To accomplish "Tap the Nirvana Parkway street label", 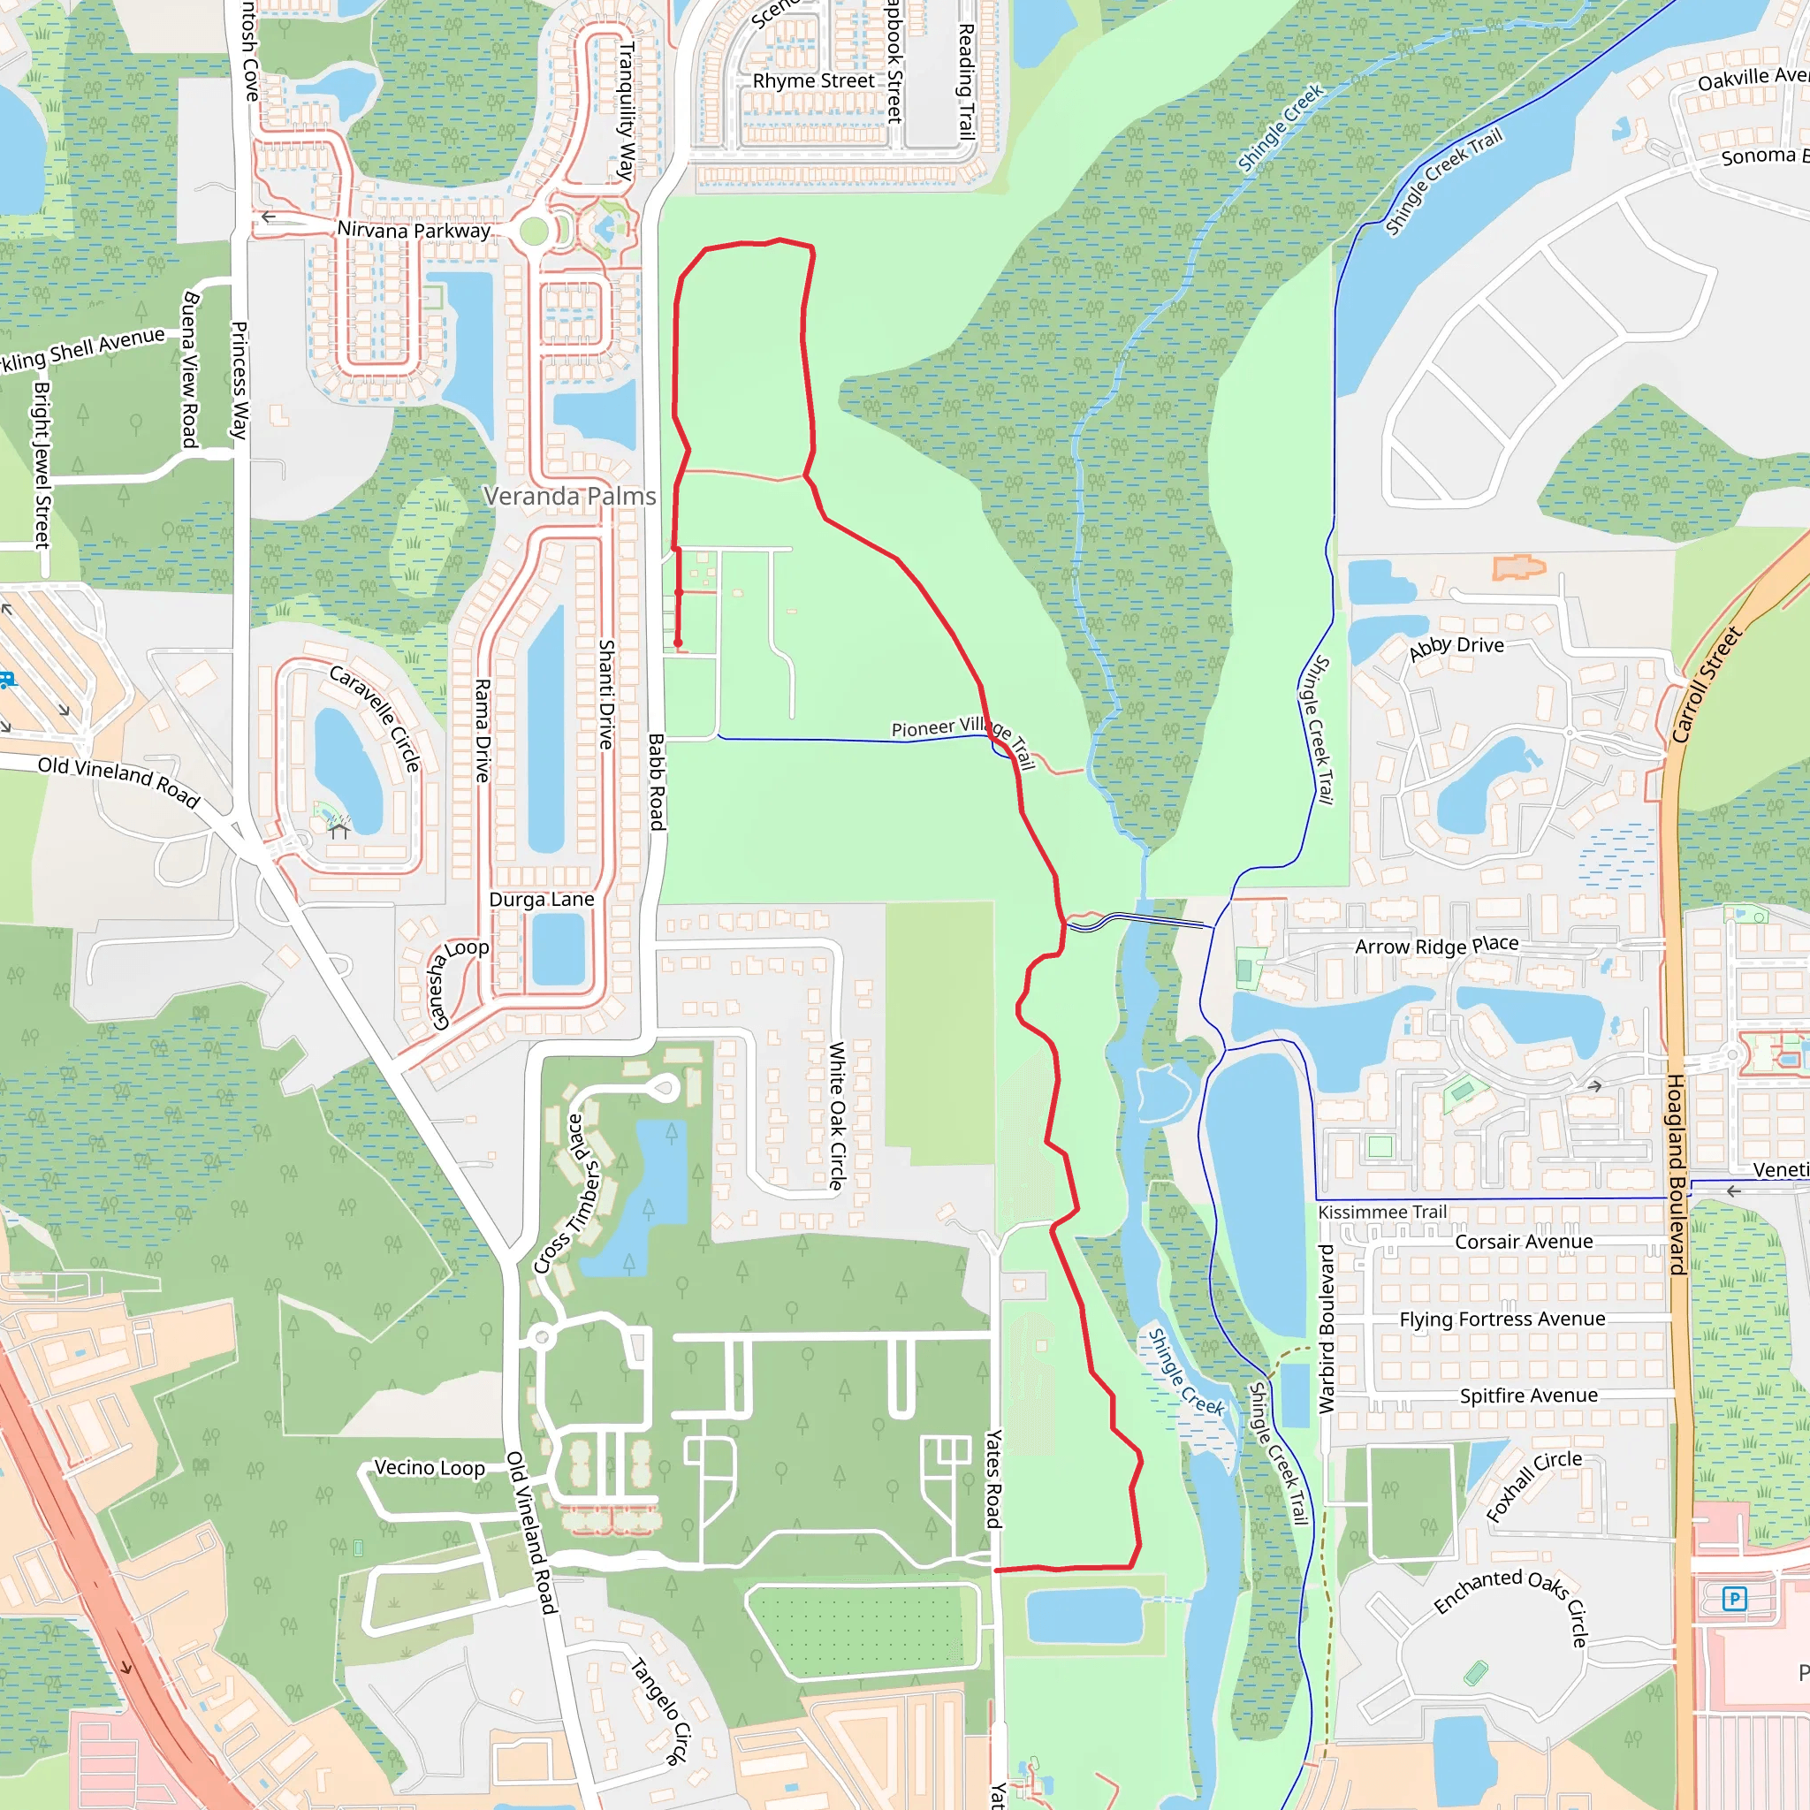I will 413,230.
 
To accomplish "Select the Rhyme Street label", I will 813,81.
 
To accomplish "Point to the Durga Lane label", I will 542,900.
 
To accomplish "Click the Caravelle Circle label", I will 376,719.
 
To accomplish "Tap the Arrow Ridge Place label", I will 1436,946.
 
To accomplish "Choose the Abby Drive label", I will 1456,646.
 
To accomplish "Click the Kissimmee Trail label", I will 1382,1213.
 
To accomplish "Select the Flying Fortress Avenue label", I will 1502,1319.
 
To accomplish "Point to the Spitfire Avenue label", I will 1528,1396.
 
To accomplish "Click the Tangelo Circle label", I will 659,1711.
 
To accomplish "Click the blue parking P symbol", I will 1734,1599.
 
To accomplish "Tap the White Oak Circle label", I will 837,1114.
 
